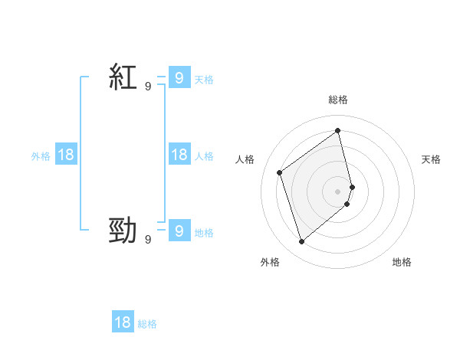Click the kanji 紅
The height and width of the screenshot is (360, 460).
(123, 77)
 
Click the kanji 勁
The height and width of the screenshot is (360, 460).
(123, 230)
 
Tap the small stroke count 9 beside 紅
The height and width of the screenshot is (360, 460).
(148, 87)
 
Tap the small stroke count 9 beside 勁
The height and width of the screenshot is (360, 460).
(148, 240)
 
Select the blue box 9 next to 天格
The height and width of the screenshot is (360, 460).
(179, 77)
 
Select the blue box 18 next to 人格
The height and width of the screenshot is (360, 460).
(179, 155)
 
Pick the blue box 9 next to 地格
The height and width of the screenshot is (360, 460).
(179, 231)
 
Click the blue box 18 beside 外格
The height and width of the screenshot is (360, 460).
(66, 155)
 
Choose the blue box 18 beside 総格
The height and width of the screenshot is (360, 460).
(123, 322)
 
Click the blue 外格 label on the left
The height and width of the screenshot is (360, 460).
(41, 156)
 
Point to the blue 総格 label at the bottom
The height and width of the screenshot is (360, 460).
(147, 324)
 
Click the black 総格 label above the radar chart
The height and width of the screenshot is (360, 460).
(338, 100)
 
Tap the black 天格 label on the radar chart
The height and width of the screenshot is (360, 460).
(431, 159)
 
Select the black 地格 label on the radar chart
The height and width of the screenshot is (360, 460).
(402, 262)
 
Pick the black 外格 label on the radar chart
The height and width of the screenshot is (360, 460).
(270, 262)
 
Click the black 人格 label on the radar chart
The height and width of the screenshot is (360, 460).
(245, 159)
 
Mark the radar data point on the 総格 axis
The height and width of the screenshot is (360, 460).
(338, 130)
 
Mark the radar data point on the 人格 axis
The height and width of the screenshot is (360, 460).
(280, 172)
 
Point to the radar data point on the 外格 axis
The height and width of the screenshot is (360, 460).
(301, 242)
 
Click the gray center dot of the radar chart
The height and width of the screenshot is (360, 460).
(338, 191)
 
